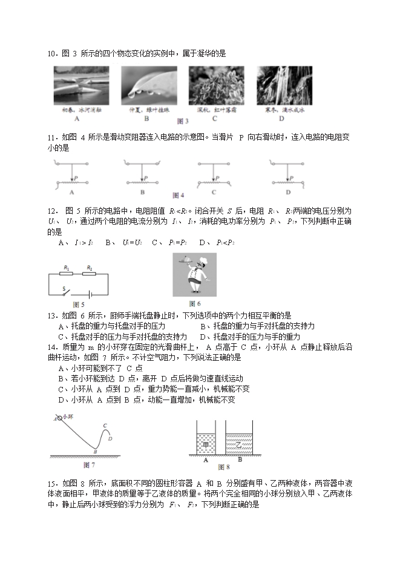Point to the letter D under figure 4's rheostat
pos(288,193)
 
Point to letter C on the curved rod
pos(104,426)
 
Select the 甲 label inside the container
pos(206,444)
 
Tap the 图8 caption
pos(223,467)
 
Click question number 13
pos(51,315)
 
